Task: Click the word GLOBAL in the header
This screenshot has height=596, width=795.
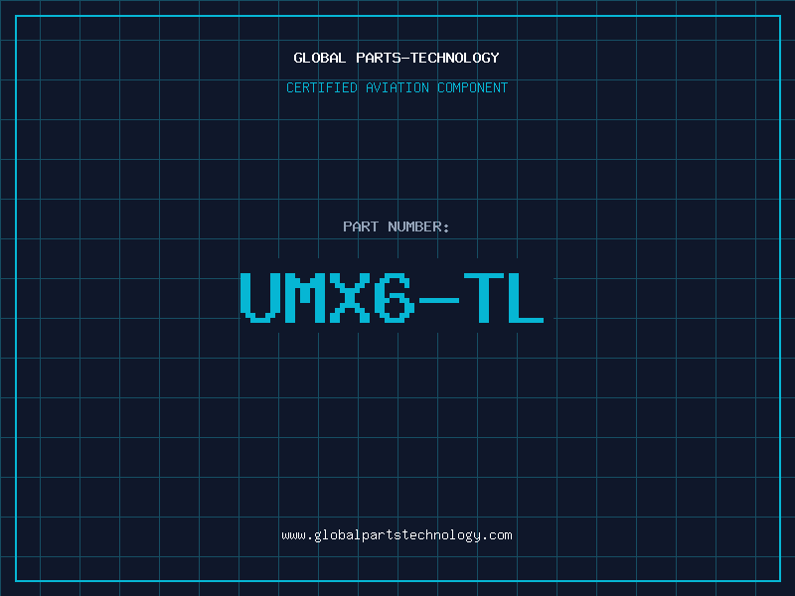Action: coord(319,58)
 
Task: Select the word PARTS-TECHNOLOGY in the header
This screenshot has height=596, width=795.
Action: coord(427,58)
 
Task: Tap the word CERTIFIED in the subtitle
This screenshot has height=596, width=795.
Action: coord(322,87)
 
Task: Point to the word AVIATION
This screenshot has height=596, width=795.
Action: coord(397,87)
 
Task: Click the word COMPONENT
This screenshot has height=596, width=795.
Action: coord(473,87)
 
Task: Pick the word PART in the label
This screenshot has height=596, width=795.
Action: coord(361,226)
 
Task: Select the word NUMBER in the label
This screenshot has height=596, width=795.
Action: coord(414,226)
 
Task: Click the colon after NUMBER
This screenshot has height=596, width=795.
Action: coord(446,228)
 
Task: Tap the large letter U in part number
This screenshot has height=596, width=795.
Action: coord(260,297)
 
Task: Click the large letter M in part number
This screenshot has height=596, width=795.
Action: coord(305,297)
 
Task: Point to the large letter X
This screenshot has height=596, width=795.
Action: coord(350,297)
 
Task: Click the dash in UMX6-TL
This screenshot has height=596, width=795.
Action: coord(438,301)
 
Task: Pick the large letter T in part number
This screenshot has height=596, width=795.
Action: coord(484,297)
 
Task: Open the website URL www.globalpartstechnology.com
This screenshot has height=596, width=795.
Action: coord(397,535)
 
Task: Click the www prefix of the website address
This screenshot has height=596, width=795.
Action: coord(293,536)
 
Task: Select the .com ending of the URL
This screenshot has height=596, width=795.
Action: coord(497,536)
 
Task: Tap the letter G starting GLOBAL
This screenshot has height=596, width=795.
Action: coord(298,58)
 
